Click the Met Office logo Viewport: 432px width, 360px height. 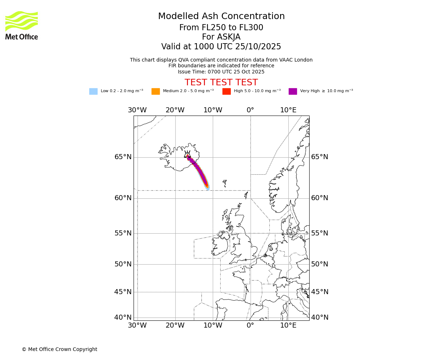point(22,25)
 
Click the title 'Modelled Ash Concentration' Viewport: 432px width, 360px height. point(221,17)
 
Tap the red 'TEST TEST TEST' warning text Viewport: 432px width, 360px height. point(221,82)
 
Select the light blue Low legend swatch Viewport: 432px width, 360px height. point(93,91)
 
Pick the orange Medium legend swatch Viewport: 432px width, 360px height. point(156,91)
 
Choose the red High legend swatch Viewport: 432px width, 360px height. point(226,91)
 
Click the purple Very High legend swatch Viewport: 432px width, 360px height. point(293,91)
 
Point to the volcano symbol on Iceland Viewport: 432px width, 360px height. point(187,154)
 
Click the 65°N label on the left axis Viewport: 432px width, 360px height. point(123,157)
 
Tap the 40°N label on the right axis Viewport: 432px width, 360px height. point(320,318)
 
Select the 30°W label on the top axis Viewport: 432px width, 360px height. point(137,110)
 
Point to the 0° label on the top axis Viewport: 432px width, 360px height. point(251,110)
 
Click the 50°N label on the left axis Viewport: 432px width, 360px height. point(123,264)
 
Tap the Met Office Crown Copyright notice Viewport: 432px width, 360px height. point(59,349)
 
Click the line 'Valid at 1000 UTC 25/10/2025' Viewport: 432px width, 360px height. point(221,47)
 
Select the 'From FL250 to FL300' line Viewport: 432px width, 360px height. point(221,28)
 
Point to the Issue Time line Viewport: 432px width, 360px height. point(221,72)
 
